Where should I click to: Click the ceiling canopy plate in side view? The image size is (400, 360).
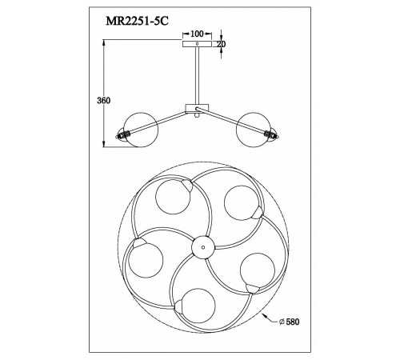point(197,46)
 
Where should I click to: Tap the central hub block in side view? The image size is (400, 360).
point(197,107)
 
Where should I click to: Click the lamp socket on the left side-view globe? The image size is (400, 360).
point(124,134)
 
